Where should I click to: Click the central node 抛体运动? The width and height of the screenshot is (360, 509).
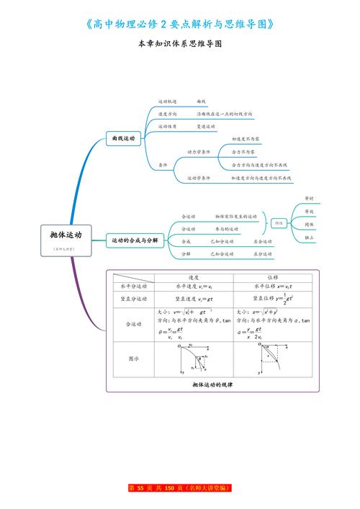[66, 235]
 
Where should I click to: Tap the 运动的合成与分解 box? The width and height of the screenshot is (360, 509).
[132, 240]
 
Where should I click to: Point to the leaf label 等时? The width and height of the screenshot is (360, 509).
[309, 198]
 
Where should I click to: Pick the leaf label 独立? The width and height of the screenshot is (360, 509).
[309, 237]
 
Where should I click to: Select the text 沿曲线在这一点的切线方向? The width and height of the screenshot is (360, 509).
[224, 114]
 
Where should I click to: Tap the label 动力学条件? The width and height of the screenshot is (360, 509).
[199, 152]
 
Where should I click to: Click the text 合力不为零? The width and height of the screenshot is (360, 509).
[243, 152]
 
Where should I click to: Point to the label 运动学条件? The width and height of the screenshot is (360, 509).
[199, 178]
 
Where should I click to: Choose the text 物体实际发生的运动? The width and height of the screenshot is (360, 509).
[236, 216]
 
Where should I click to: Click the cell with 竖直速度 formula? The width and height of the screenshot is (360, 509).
[194, 299]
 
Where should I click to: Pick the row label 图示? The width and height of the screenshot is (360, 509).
[133, 358]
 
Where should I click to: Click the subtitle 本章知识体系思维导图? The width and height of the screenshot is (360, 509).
[180, 44]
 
